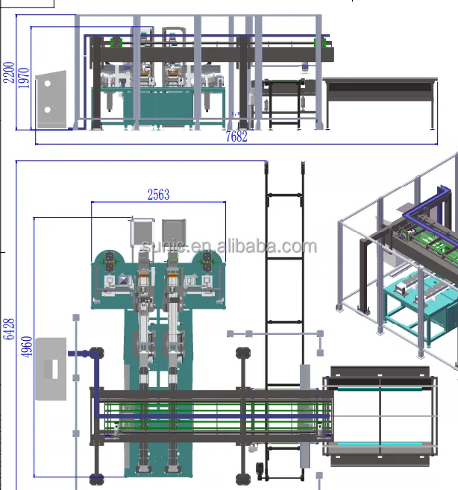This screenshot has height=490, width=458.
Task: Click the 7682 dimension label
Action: (x=236, y=136)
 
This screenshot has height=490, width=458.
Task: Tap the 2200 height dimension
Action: (x=9, y=72)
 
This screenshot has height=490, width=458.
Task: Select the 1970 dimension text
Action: (x=24, y=78)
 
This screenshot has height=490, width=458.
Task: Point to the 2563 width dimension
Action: (x=158, y=195)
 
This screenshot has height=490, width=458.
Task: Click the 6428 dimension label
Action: (x=9, y=329)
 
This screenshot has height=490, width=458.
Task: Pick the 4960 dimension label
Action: (x=27, y=347)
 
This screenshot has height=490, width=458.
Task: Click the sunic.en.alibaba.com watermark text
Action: (x=229, y=246)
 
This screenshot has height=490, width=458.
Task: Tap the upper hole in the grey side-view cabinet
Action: (x=48, y=84)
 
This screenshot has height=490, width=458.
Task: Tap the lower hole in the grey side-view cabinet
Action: (x=48, y=110)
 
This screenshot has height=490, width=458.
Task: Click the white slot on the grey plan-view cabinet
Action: (x=55, y=369)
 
